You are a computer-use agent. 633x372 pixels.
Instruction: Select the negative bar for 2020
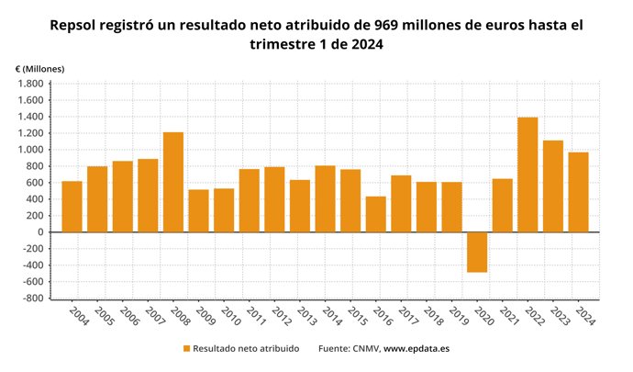(x=476, y=252)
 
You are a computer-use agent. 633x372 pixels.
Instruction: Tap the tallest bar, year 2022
(x=527, y=175)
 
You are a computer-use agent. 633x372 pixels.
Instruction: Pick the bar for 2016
(x=375, y=214)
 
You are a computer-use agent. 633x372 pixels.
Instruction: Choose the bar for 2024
(x=578, y=192)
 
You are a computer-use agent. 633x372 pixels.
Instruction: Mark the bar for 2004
(x=72, y=207)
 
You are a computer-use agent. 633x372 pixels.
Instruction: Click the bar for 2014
(x=325, y=198)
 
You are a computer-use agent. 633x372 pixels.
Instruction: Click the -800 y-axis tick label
(x=32, y=299)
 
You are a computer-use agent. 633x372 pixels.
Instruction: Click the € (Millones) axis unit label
(x=39, y=69)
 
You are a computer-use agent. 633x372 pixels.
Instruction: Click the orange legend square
(x=187, y=349)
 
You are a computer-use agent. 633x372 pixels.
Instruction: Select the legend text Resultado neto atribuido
(x=247, y=349)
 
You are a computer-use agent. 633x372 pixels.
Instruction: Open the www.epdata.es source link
(x=416, y=349)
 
